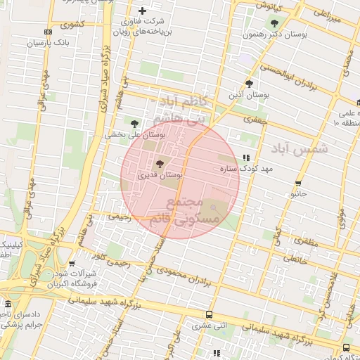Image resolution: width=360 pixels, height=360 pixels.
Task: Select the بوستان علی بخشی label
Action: (135, 134)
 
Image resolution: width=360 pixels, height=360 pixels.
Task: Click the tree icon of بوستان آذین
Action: (248, 84)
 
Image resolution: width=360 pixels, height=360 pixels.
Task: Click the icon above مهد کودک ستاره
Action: (245, 158)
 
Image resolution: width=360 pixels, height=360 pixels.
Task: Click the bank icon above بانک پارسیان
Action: (47, 32)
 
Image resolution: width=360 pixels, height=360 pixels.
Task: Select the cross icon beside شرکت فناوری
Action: (142, 11)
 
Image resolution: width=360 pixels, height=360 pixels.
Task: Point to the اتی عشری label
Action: (209, 326)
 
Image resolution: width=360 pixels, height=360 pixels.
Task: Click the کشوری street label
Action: (72, 24)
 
